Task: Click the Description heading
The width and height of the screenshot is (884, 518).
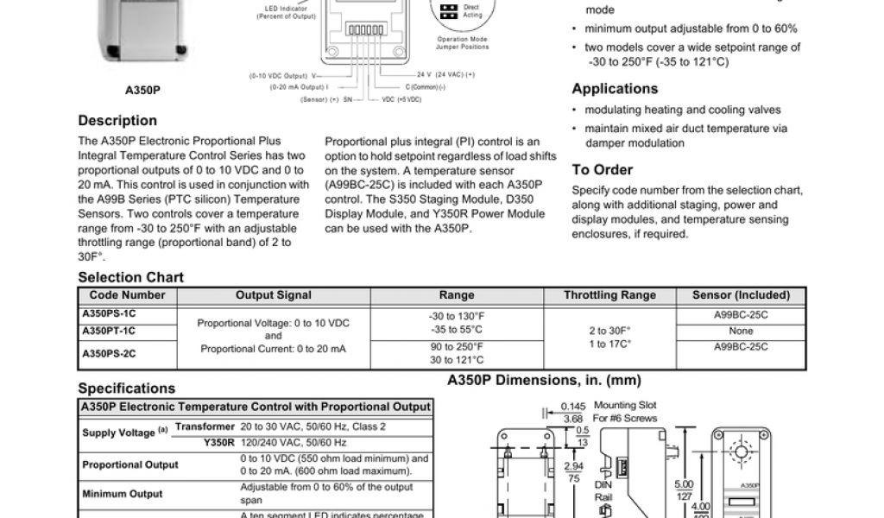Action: (x=117, y=121)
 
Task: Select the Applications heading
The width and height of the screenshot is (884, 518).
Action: (x=615, y=89)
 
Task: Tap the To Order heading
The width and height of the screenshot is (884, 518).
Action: (x=603, y=170)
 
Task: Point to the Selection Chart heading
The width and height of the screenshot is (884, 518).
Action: (x=130, y=277)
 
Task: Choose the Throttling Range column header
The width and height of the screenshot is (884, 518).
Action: (x=609, y=295)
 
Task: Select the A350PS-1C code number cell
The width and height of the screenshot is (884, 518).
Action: (x=109, y=314)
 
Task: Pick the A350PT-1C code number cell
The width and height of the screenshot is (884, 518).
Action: (x=109, y=331)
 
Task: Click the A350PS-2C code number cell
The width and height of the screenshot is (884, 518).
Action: (x=109, y=353)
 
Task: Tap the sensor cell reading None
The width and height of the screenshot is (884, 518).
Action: (x=741, y=331)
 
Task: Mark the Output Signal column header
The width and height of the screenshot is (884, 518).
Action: (x=274, y=295)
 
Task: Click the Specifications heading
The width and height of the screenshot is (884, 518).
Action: (x=126, y=388)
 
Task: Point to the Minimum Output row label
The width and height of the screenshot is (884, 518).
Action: (x=122, y=495)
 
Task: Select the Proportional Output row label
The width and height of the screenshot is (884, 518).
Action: (x=130, y=464)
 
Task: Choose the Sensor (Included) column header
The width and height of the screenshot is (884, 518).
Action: (x=741, y=295)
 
